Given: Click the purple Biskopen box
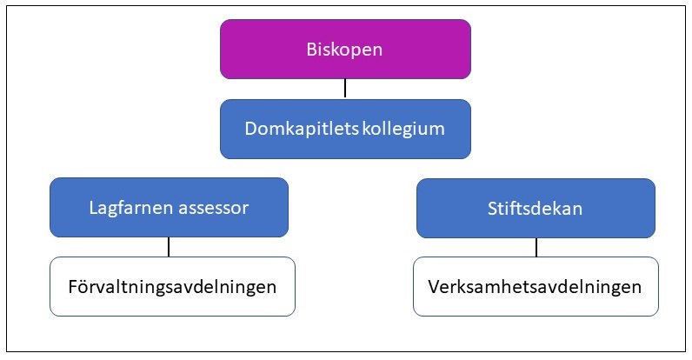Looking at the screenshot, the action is pyautogui.click(x=345, y=49).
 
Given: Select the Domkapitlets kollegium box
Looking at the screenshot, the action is pyautogui.click(x=345, y=129).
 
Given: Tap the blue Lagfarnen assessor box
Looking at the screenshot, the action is pyautogui.click(x=169, y=207).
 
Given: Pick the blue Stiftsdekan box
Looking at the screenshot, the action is pyautogui.click(x=536, y=208).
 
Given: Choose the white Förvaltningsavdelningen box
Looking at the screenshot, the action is pyautogui.click(x=172, y=286).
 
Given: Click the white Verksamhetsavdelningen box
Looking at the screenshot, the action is pyautogui.click(x=536, y=286).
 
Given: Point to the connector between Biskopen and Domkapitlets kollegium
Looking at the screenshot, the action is pyautogui.click(x=345, y=88).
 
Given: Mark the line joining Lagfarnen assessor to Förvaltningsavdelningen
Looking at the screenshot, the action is pyautogui.click(x=169, y=247).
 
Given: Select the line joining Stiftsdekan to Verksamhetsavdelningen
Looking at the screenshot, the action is pyautogui.click(x=536, y=247).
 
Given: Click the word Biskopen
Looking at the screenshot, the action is pyautogui.click(x=344, y=50).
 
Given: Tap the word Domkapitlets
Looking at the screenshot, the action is pyautogui.click(x=302, y=129).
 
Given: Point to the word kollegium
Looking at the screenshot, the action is pyautogui.click(x=403, y=130).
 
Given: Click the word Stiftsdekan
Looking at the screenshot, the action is pyautogui.click(x=535, y=208).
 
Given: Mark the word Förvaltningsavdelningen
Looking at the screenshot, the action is pyautogui.click(x=172, y=287).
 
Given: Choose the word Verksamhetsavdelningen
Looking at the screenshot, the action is pyautogui.click(x=535, y=287).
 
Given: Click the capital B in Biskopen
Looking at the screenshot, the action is pyautogui.click(x=311, y=49).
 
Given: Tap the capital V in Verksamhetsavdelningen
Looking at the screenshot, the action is pyautogui.click(x=435, y=287).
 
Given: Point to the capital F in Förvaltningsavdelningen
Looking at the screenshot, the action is pyautogui.click(x=73, y=287).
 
